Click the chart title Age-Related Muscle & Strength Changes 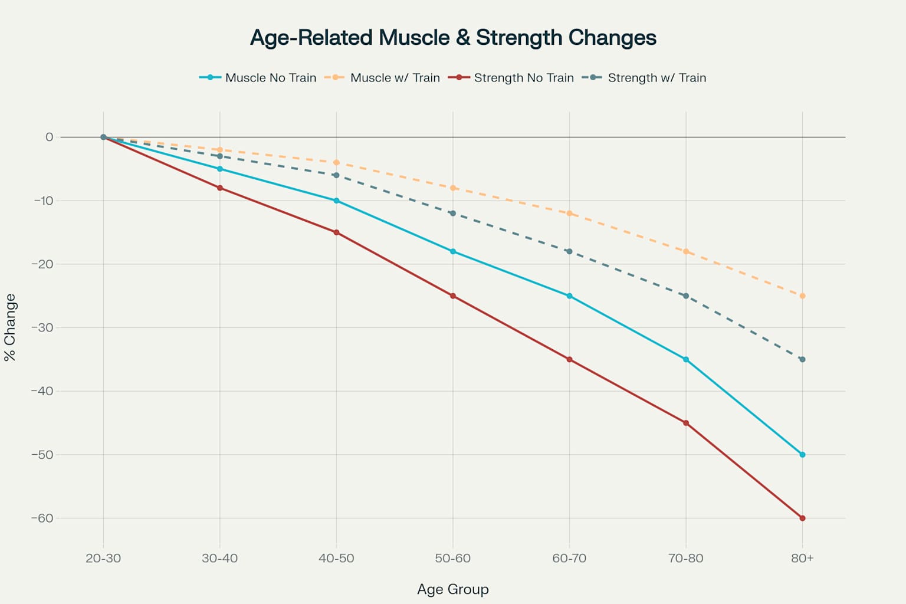coord(453,38)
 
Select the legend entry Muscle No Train coord(270,78)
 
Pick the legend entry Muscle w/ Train coord(395,78)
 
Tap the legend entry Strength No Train coord(523,78)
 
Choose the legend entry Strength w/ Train coord(656,78)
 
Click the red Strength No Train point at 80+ coord(802,518)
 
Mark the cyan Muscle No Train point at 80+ coord(802,455)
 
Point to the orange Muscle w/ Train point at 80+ coord(802,296)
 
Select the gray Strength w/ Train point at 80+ coord(802,359)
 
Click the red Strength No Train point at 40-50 coord(336,232)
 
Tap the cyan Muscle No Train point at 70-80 coord(685,359)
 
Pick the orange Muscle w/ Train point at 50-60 coord(453,188)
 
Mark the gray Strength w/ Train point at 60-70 coord(569,251)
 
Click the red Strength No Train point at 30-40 coord(220,188)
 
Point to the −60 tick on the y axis coord(42,518)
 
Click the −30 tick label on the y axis coord(42,328)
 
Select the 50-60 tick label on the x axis coord(453,559)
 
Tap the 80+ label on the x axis coord(802,559)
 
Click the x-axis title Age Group coord(453,589)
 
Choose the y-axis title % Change coord(10,327)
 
